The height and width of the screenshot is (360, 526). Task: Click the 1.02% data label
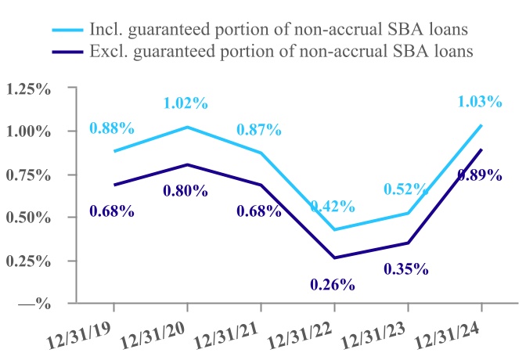186,103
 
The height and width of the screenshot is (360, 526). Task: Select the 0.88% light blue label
112,128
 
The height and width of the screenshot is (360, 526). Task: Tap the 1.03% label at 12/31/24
481,100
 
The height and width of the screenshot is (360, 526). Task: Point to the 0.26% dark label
333,284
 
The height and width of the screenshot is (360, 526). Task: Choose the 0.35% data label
406,269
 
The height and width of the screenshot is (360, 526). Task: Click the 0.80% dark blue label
186,190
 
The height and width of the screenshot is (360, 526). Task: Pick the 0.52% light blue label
406,189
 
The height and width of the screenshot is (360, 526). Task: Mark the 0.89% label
477,175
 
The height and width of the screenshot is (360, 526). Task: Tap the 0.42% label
333,207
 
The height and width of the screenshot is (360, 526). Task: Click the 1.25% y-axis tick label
28,89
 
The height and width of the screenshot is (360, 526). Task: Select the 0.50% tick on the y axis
28,218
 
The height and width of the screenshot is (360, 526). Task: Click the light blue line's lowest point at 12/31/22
334,229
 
